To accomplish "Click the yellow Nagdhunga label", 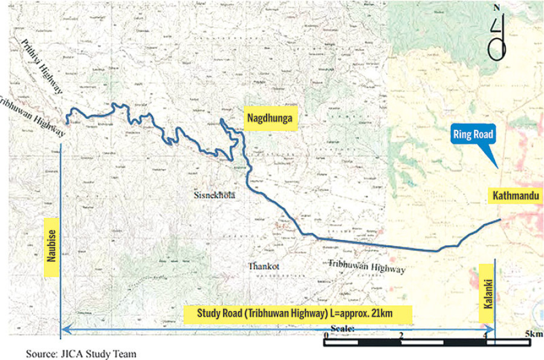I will pos(271,120).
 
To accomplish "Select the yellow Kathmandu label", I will pos(515,195).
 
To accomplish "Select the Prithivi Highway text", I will pos(42,67).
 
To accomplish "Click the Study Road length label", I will pos(296,313).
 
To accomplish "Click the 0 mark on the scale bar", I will pos(326,335).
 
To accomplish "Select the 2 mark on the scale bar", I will pos(401,335).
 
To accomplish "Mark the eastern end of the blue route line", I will pos(500,220).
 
